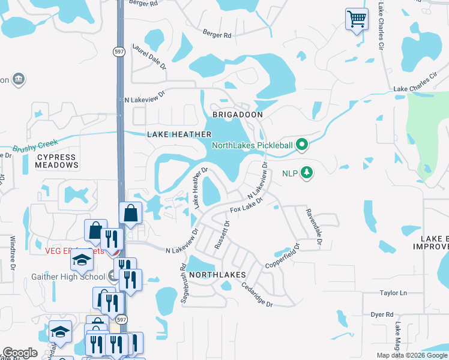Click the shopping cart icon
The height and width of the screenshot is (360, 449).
point(357,19)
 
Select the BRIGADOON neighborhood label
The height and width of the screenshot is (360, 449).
point(238,114)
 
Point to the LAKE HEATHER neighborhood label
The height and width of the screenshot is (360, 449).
point(179,134)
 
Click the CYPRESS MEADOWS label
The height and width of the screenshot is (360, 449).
point(57,161)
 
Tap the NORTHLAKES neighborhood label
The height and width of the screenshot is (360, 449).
point(217,274)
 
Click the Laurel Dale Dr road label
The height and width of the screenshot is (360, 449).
point(149,56)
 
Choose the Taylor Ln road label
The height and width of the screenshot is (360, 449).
point(393,293)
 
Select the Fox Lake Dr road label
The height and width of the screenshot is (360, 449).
point(246,206)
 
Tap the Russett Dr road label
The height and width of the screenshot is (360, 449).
point(220,236)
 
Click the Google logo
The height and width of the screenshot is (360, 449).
point(20,353)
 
